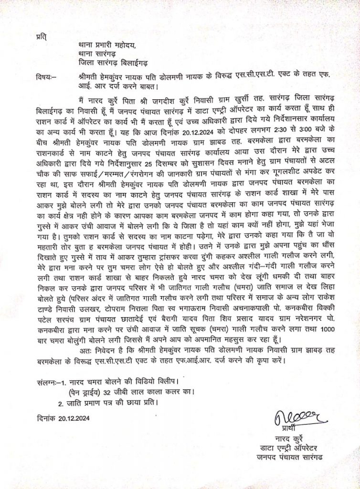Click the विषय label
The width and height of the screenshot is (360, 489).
[46, 77]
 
